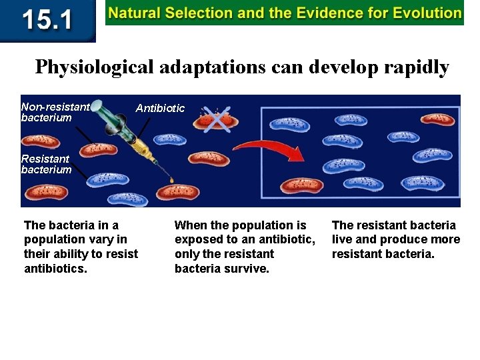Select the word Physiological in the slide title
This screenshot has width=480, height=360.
tap(94, 67)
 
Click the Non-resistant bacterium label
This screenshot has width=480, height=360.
tap(55, 112)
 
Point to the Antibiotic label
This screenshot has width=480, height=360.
tap(160, 108)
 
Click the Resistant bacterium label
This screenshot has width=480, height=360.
tap(46, 164)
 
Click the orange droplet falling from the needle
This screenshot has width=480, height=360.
tap(171, 181)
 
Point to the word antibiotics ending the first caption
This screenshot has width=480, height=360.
tap(55, 269)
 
